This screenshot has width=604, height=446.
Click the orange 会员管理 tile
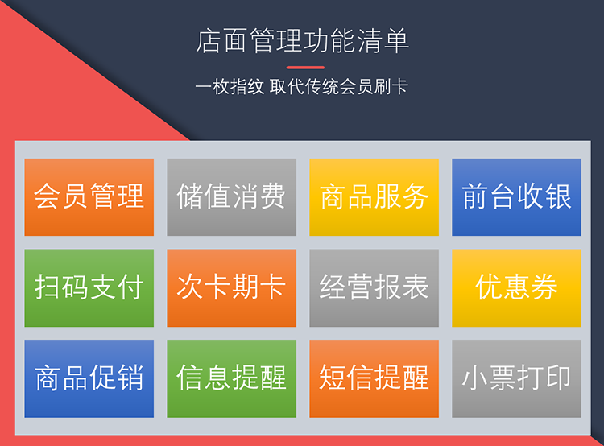click(89, 197)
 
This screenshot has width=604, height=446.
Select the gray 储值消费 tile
click(231, 197)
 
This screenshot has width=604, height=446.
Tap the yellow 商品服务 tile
click(374, 197)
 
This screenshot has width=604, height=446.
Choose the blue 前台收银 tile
click(516, 197)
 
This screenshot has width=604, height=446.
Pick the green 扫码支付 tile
click(89, 288)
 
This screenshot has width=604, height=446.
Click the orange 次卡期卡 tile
click(231, 288)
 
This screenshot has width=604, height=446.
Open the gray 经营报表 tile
click(374, 288)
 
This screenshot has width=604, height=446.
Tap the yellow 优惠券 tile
click(516, 288)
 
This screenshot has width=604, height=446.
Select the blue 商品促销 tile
click(89, 378)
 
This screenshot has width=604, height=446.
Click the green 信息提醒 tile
click(231, 378)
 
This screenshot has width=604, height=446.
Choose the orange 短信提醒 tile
click(374, 378)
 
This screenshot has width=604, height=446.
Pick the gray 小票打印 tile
click(516, 378)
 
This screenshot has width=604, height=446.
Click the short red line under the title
click(305, 68)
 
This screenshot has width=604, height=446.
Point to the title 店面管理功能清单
click(302, 41)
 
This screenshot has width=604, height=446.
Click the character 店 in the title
click(209, 41)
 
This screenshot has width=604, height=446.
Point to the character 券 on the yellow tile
click(544, 287)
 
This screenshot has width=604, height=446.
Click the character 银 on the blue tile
click(558, 196)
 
